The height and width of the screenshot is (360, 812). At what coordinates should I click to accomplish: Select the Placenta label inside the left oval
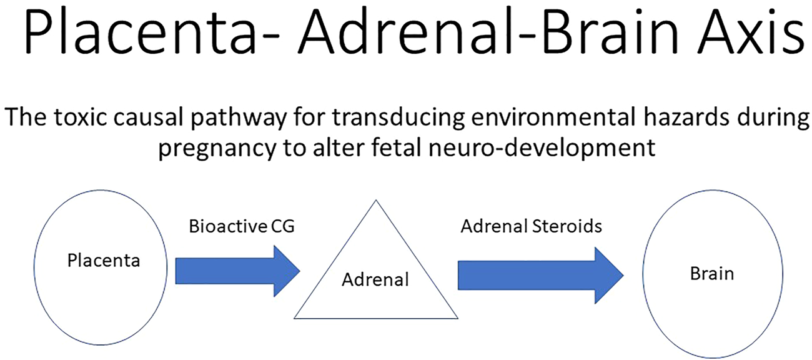click(104, 260)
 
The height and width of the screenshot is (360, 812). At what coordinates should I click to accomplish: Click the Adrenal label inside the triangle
click(375, 279)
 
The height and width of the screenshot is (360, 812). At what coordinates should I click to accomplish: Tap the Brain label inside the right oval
click(711, 273)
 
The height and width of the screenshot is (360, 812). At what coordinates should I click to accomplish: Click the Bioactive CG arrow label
click(241, 226)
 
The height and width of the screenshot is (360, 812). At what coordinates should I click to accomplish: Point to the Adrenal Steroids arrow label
click(531, 226)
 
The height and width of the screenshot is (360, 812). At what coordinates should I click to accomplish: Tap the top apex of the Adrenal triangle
click(375, 202)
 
